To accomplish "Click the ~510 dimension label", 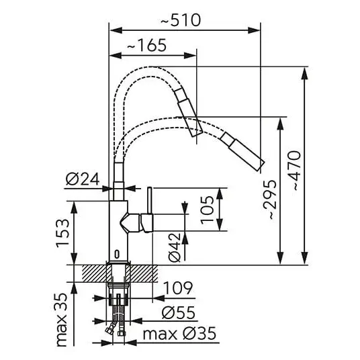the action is coord(181,20).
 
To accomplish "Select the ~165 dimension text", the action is coord(146,45).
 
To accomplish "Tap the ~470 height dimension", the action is coord(294,171).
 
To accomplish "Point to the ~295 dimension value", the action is coord(270,199).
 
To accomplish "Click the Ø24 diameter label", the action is coord(83,179).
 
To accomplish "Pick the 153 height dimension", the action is coord(62,233).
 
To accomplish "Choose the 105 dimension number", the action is coord(207,210).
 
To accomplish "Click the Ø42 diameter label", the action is coord(175,247).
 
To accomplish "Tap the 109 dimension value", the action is coord(178,287).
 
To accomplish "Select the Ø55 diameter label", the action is coord(179,312).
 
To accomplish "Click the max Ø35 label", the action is coord(179,334).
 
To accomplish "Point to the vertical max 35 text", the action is coord(62,320).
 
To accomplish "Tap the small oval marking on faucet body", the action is coord(117,254).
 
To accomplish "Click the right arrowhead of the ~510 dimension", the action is coord(254,30).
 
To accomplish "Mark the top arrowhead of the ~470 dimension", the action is coord(305,73).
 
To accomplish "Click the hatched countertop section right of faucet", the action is coord(144,273).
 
